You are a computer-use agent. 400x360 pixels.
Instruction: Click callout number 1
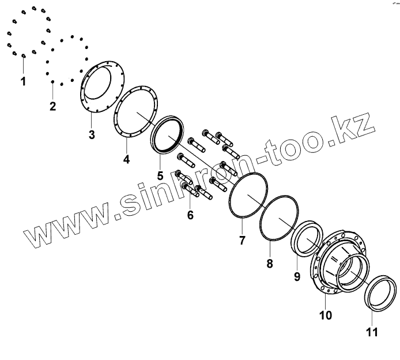(x=23, y=81)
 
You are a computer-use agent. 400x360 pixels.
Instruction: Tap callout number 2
(x=52, y=106)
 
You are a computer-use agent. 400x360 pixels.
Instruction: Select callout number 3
(x=92, y=136)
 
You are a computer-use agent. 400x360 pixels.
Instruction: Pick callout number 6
(x=190, y=215)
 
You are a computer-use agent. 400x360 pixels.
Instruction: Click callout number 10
(x=326, y=315)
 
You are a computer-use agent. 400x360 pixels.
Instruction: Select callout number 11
(x=372, y=332)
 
